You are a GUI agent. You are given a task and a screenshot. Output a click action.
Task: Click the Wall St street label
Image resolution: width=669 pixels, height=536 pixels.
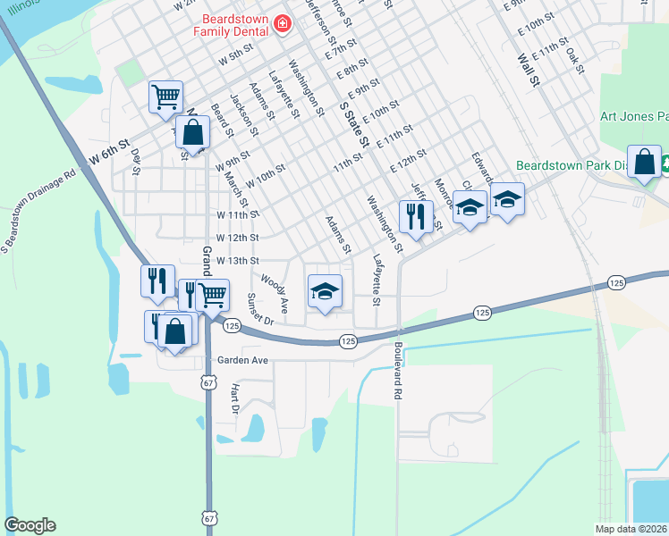coord(529,70)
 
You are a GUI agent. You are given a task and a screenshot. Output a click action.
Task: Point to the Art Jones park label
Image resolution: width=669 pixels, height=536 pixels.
coord(634,116)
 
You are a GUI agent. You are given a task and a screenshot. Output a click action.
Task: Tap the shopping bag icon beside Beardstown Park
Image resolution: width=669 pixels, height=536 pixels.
coord(645,162)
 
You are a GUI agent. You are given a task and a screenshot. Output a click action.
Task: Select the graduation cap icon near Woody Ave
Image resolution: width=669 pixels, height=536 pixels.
coord(325,289)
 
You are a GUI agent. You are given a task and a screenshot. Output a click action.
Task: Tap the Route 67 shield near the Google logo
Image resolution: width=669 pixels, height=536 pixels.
coord(208,518)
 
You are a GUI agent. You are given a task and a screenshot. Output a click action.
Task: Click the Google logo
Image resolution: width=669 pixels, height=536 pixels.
coord(30,525)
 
